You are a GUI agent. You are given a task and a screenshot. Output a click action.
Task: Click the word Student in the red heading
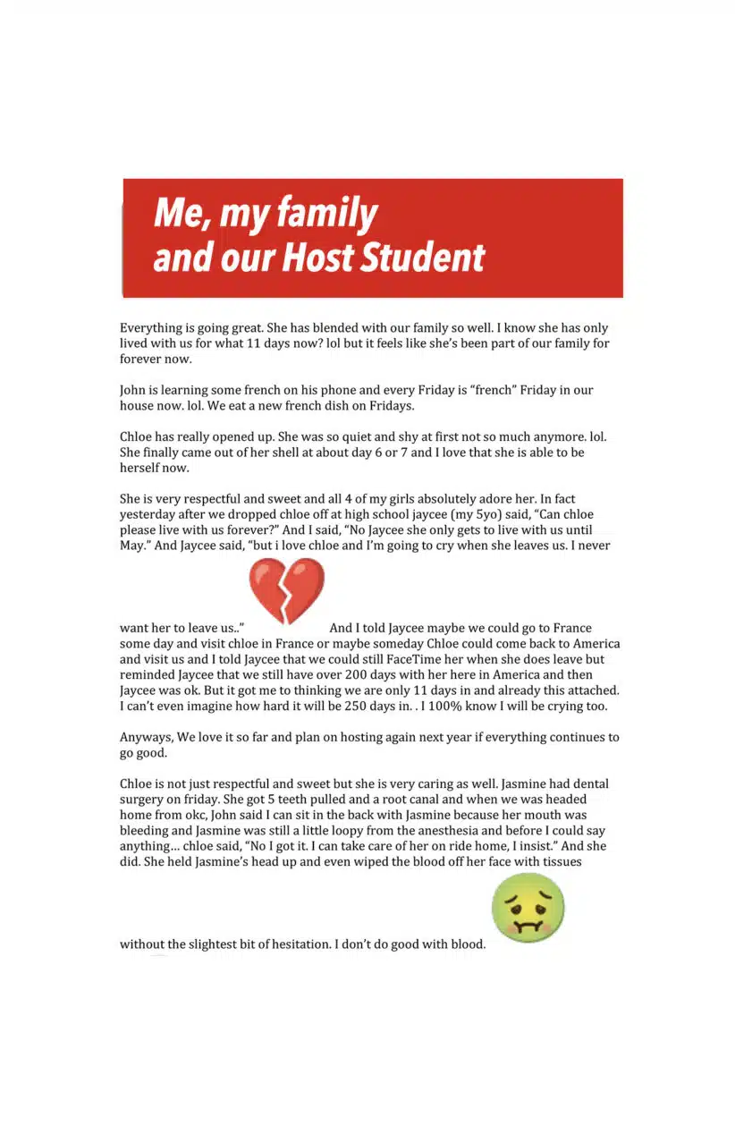[419, 258]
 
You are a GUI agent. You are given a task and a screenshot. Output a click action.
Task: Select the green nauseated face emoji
[528, 908]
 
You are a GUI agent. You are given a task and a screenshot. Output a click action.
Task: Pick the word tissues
[558, 861]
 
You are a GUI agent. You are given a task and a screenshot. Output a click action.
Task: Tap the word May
[131, 546]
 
